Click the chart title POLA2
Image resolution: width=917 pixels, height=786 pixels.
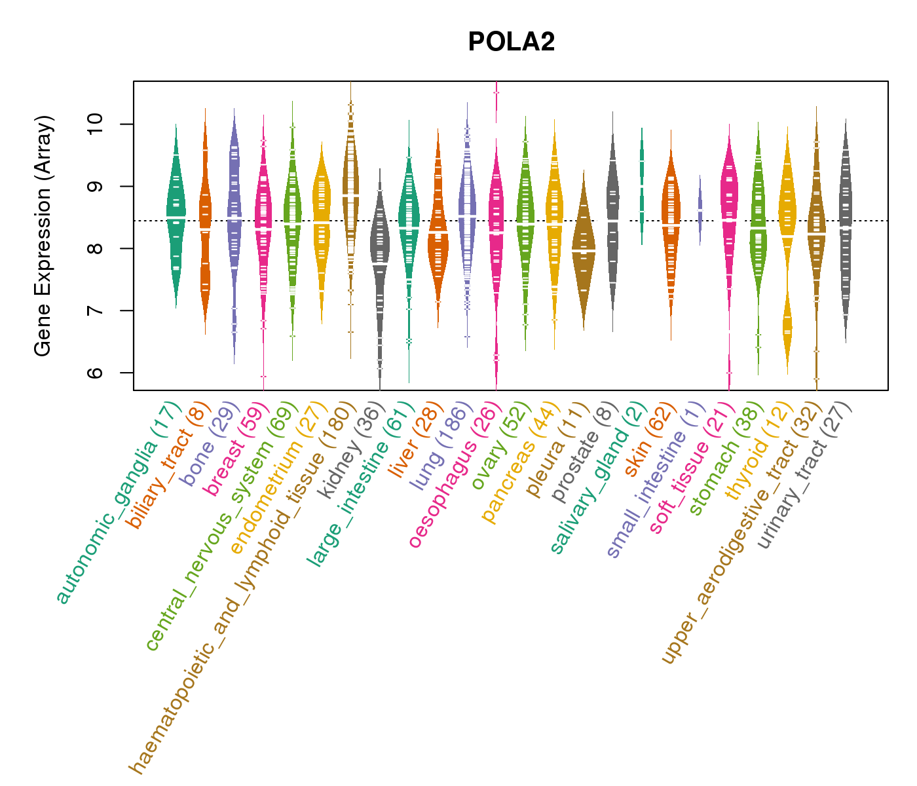pos(512,43)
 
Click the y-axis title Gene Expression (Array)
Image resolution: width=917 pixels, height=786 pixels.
pos(43,236)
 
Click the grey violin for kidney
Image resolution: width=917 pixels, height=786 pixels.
pos(379,262)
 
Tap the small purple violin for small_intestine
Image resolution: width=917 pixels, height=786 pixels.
pos(700,210)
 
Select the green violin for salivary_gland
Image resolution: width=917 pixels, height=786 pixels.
pos(642,187)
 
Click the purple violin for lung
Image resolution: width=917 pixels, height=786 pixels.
pos(467,216)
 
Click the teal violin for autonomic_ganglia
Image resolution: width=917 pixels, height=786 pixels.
pos(176,216)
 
